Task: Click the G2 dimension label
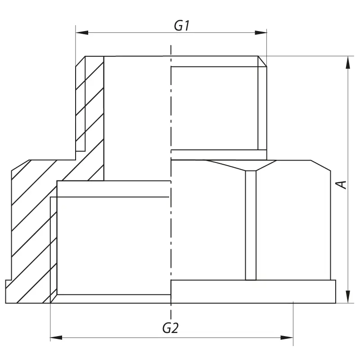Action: pyautogui.click(x=170, y=328)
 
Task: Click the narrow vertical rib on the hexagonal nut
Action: pyautogui.click(x=251, y=225)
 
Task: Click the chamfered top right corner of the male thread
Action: pyautogui.click(x=262, y=62)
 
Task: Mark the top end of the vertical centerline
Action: pyautogui.click(x=171, y=46)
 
